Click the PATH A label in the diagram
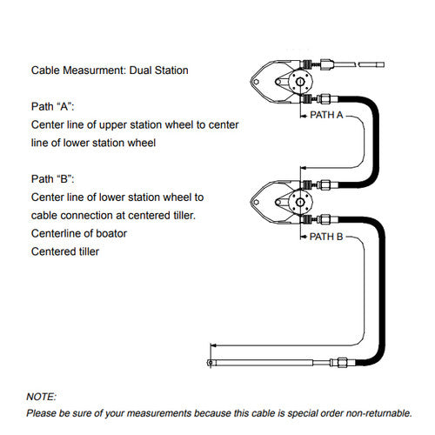point(326,115)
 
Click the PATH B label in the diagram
point(326,237)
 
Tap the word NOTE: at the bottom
point(41,397)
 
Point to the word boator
point(111,233)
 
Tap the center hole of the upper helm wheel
point(300,82)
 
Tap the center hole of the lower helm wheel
point(300,202)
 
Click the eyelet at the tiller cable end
point(210,363)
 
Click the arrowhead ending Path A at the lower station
point(303,168)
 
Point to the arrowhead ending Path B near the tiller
point(213,345)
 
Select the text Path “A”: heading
point(53,106)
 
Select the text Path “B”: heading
point(53,179)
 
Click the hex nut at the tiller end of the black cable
point(342,363)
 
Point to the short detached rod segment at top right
point(371,64)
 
